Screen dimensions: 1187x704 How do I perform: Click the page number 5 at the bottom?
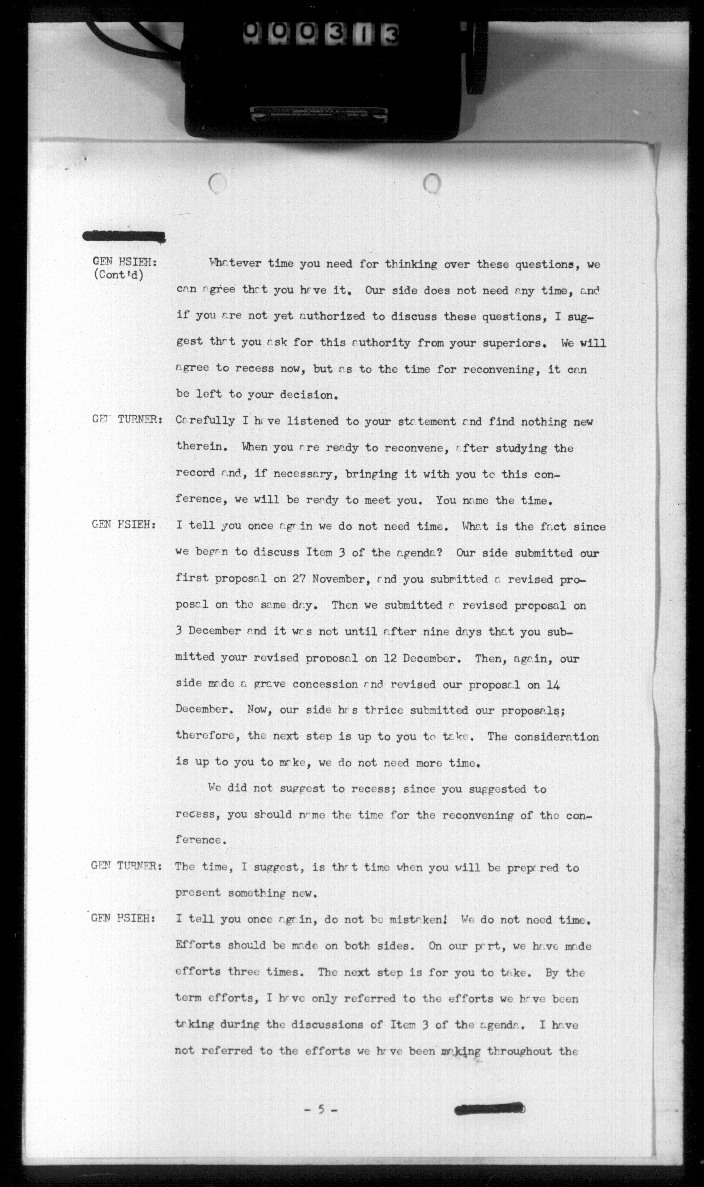tap(321, 1109)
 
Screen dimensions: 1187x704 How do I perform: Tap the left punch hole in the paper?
tap(218, 183)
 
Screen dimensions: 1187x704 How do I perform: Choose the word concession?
tap(325, 684)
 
